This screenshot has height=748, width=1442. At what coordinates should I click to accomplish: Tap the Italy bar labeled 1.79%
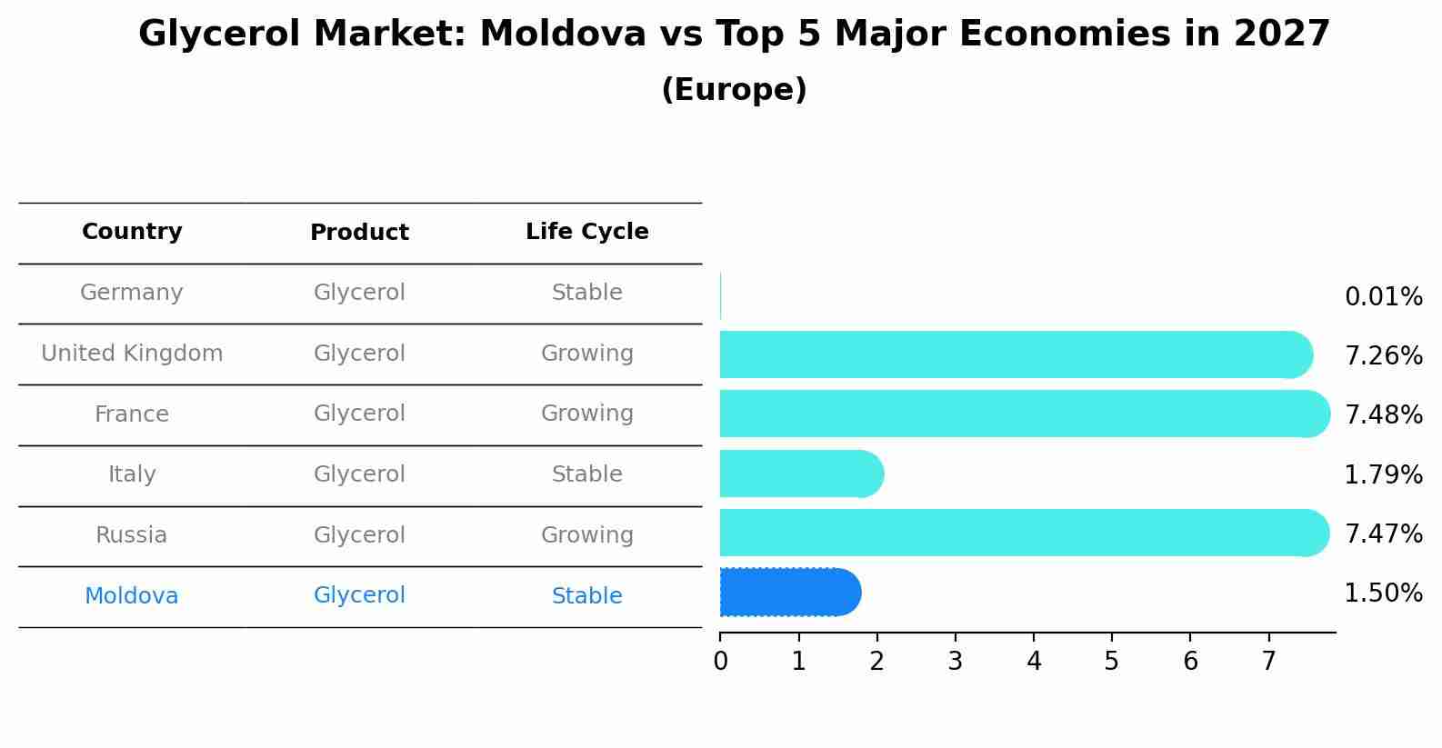800,474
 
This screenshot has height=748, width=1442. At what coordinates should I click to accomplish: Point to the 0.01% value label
1383,297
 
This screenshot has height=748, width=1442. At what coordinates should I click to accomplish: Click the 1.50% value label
1383,593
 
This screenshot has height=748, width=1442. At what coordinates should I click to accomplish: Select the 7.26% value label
1383,356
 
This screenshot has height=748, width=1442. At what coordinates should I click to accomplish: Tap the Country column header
132,232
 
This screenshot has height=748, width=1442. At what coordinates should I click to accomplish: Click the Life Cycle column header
586,232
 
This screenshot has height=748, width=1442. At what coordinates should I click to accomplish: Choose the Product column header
359,233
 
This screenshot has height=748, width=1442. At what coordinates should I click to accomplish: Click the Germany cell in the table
132,293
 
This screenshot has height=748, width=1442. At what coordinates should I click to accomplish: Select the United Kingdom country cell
132,354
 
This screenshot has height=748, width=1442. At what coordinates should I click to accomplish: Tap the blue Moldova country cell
132,596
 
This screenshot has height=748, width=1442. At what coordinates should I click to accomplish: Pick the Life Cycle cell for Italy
586,474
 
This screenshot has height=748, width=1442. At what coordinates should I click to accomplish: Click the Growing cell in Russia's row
586,535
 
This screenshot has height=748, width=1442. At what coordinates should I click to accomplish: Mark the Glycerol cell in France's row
359,414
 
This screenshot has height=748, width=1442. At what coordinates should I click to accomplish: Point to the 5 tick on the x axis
1111,662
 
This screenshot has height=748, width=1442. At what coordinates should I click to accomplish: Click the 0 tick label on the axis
720,662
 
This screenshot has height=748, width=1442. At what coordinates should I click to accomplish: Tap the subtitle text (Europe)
734,90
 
